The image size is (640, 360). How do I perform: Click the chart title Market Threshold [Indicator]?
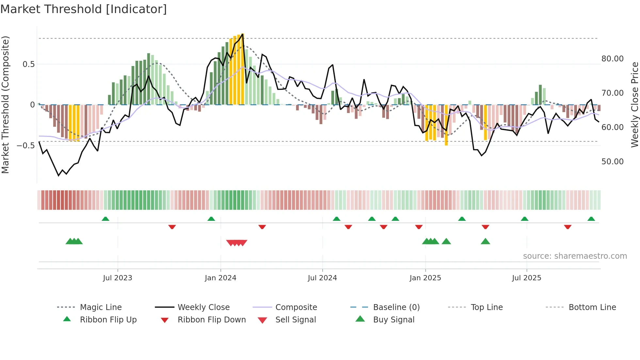[x=84, y=9]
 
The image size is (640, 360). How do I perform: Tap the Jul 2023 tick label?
[x=118, y=278]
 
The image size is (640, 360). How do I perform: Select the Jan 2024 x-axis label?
[x=220, y=278]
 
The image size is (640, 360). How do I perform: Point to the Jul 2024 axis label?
[x=322, y=278]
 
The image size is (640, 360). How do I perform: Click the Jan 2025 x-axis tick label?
[x=425, y=278]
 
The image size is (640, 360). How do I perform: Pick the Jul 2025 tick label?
[x=526, y=278]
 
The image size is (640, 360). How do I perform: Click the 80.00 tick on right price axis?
[x=612, y=59]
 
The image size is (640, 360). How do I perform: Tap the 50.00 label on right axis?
[x=612, y=162]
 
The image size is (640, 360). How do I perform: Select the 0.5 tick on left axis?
[x=28, y=64]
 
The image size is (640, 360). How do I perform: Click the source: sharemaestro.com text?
[x=575, y=256]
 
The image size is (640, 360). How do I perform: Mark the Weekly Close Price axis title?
[x=634, y=105]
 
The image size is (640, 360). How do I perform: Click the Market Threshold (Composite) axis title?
[x=6, y=105]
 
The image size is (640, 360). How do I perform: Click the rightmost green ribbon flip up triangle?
[x=591, y=219]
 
